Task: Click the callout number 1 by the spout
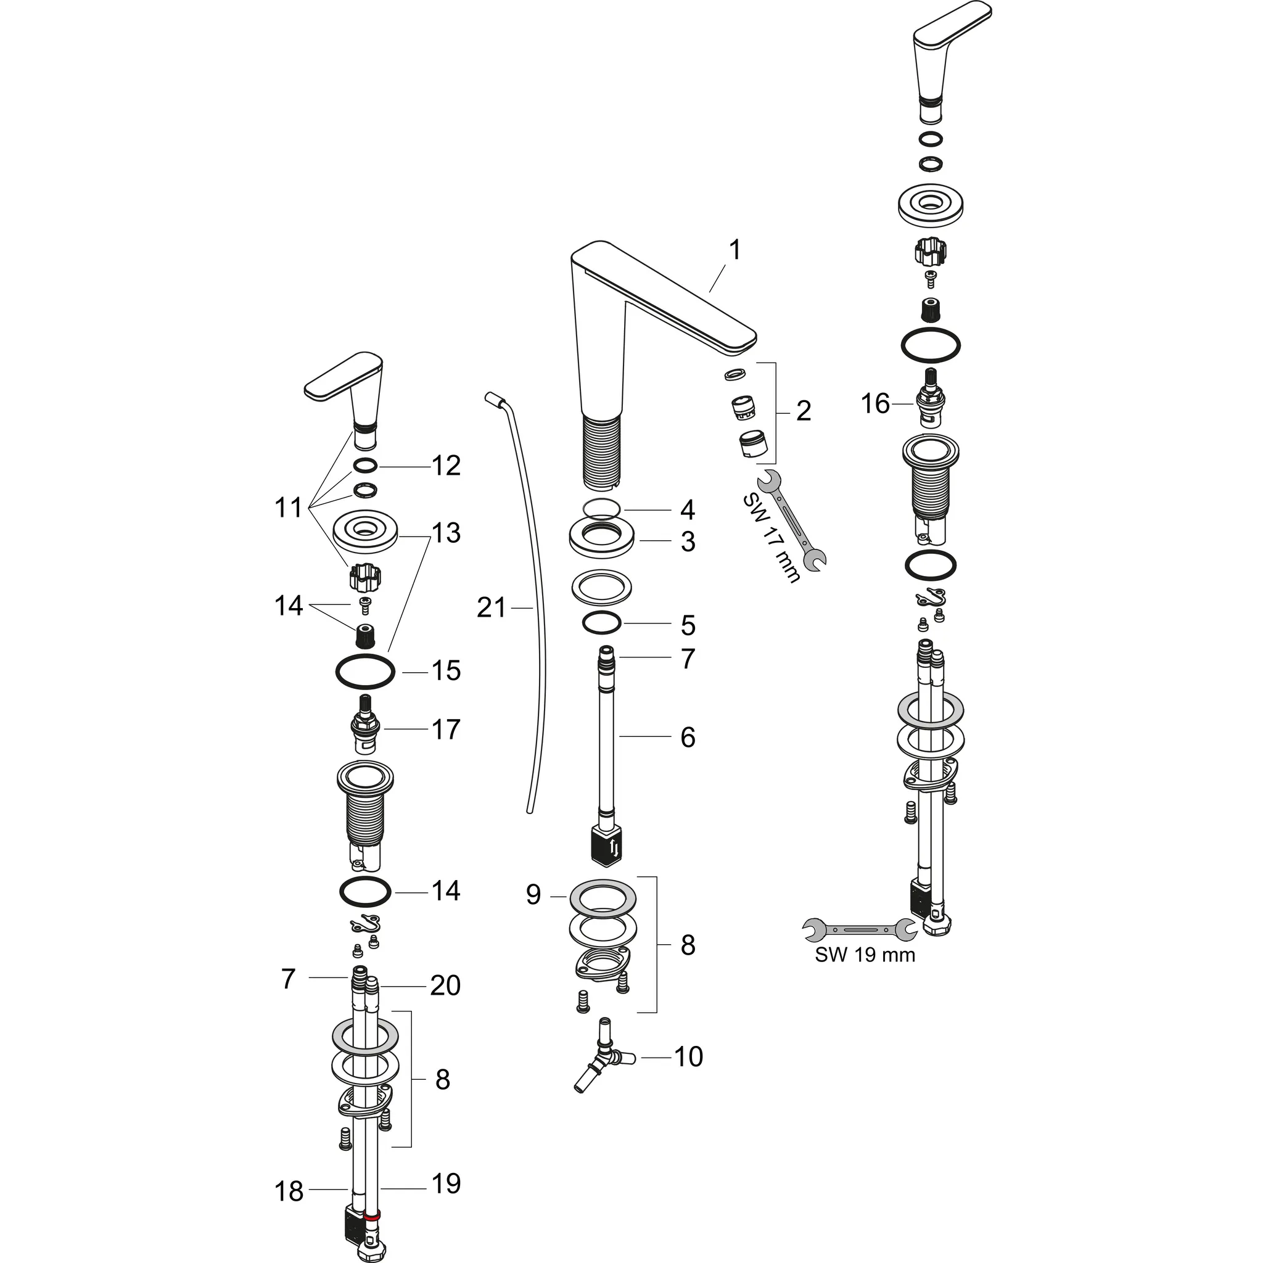734,250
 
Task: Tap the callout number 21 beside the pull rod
492,608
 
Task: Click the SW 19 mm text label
864,955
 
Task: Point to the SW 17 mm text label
771,538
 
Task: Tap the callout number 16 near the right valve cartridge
874,403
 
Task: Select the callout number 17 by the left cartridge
446,729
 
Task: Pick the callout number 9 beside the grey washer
533,894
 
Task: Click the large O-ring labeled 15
365,671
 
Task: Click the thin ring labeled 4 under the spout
601,509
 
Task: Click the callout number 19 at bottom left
446,1183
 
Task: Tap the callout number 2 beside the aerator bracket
804,411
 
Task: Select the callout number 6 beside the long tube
688,737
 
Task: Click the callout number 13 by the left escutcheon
446,533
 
